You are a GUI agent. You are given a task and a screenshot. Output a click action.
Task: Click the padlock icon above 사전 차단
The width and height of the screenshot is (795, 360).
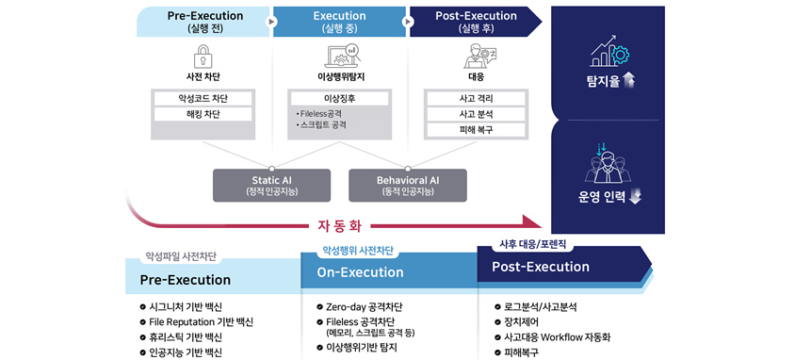203,57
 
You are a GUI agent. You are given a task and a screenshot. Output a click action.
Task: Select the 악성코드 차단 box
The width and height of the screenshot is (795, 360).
203,98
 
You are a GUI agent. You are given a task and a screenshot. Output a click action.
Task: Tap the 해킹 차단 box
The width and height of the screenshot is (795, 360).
203,114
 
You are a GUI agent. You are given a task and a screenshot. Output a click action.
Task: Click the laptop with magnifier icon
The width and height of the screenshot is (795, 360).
341,57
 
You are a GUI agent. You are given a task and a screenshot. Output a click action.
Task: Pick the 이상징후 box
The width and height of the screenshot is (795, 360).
339,98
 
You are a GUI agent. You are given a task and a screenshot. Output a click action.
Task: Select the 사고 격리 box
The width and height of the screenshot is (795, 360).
476,98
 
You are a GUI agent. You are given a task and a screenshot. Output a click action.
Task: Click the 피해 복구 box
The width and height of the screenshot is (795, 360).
476,130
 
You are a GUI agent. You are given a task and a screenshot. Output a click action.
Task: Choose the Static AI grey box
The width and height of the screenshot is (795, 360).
272,185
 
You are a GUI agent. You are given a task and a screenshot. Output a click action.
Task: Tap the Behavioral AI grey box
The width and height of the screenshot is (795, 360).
408,185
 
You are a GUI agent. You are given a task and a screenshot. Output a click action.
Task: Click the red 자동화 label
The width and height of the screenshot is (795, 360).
340,225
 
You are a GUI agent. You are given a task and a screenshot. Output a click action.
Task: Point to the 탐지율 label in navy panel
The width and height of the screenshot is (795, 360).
608,81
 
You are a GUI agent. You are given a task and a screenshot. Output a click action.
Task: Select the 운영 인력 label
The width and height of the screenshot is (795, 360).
608,197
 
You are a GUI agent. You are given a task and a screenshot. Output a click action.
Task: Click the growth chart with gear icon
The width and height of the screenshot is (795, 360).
608,51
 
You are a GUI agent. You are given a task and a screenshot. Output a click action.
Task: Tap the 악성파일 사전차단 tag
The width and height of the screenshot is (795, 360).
181,256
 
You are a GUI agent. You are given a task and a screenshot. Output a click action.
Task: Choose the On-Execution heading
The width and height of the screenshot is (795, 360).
361,272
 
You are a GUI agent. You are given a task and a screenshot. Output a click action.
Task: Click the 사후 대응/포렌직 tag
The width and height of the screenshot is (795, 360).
529,244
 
